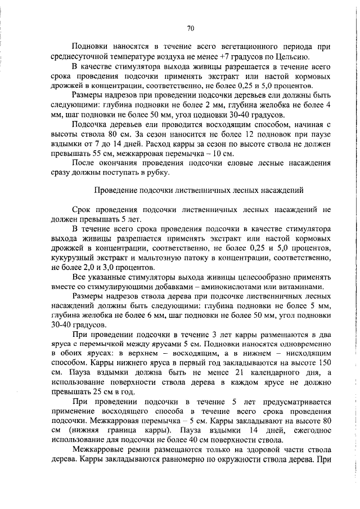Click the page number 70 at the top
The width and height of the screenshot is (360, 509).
click(x=190, y=28)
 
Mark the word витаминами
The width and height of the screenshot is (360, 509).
click(x=308, y=286)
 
